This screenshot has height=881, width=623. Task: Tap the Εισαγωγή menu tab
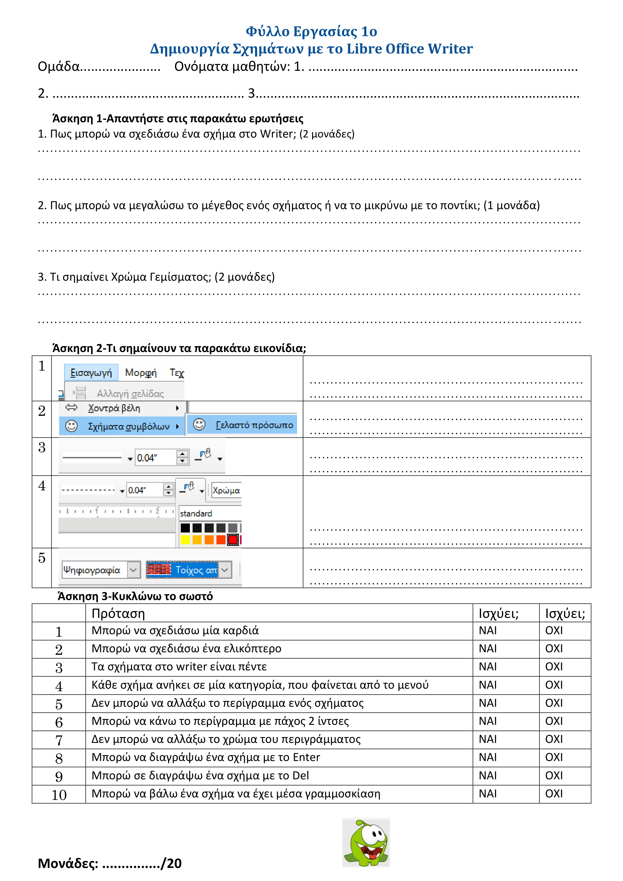coord(91,373)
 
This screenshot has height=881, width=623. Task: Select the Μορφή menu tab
coord(140,373)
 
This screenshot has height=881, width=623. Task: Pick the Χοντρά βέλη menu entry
coord(114,408)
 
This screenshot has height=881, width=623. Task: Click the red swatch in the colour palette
coord(233,540)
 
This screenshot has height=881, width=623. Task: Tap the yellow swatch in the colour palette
coord(185,540)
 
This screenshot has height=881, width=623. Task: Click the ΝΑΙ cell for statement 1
coord(487,630)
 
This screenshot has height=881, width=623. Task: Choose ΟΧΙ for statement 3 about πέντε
coord(554,667)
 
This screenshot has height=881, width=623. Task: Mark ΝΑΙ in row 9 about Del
coord(487,776)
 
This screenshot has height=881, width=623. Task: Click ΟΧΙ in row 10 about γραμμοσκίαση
coord(554,794)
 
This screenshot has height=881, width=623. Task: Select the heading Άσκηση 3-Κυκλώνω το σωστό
coord(135,596)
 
